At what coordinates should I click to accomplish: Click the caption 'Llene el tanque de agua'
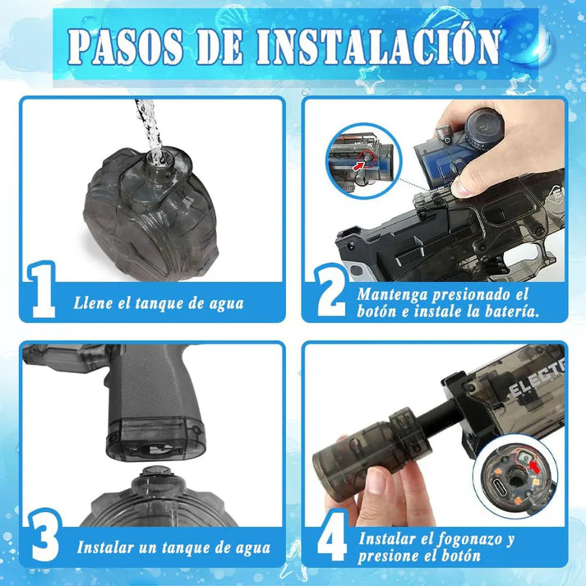coord(158,303)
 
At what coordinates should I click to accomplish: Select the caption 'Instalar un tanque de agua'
coord(173,547)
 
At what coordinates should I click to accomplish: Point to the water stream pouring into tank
coord(149,123)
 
